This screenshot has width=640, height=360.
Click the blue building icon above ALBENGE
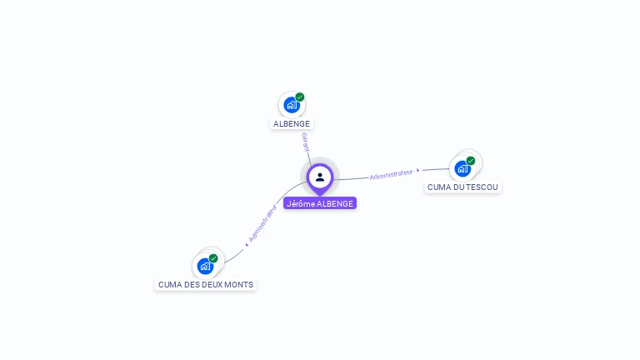click(291, 105)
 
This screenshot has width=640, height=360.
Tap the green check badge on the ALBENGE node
click(300, 97)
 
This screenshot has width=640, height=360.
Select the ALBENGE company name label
click(292, 123)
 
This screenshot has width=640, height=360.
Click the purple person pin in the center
click(320, 177)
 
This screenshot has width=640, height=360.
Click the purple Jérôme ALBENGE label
click(320, 203)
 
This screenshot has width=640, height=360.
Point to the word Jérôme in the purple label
click(300, 203)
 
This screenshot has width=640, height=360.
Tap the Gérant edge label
click(306, 142)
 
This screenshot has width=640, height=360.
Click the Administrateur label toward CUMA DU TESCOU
click(391, 174)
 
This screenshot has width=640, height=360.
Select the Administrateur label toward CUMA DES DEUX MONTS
click(263, 222)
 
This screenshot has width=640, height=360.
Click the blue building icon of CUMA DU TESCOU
click(462, 168)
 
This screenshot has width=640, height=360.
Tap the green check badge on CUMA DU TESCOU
click(471, 160)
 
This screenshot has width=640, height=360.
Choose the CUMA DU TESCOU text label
click(462, 187)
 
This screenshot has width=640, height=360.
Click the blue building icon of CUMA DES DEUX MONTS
click(205, 267)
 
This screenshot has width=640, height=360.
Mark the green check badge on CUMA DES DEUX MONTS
click(213, 258)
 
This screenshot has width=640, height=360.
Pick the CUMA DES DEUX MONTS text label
click(206, 284)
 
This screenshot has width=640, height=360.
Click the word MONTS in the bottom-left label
click(238, 284)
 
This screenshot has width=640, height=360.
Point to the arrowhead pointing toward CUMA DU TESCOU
click(418, 171)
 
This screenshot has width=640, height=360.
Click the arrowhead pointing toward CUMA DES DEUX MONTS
click(247, 244)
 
